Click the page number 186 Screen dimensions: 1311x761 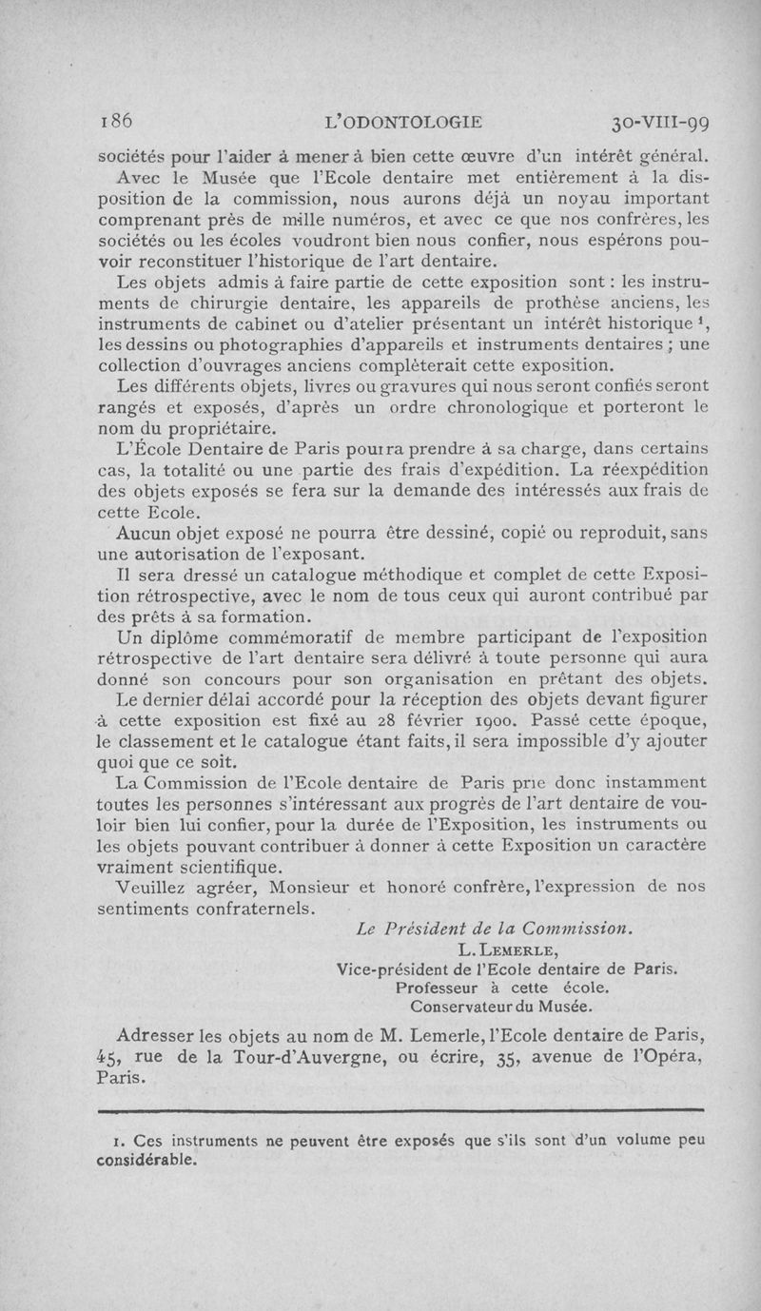tap(119, 121)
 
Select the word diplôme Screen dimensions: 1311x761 tap(187, 638)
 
